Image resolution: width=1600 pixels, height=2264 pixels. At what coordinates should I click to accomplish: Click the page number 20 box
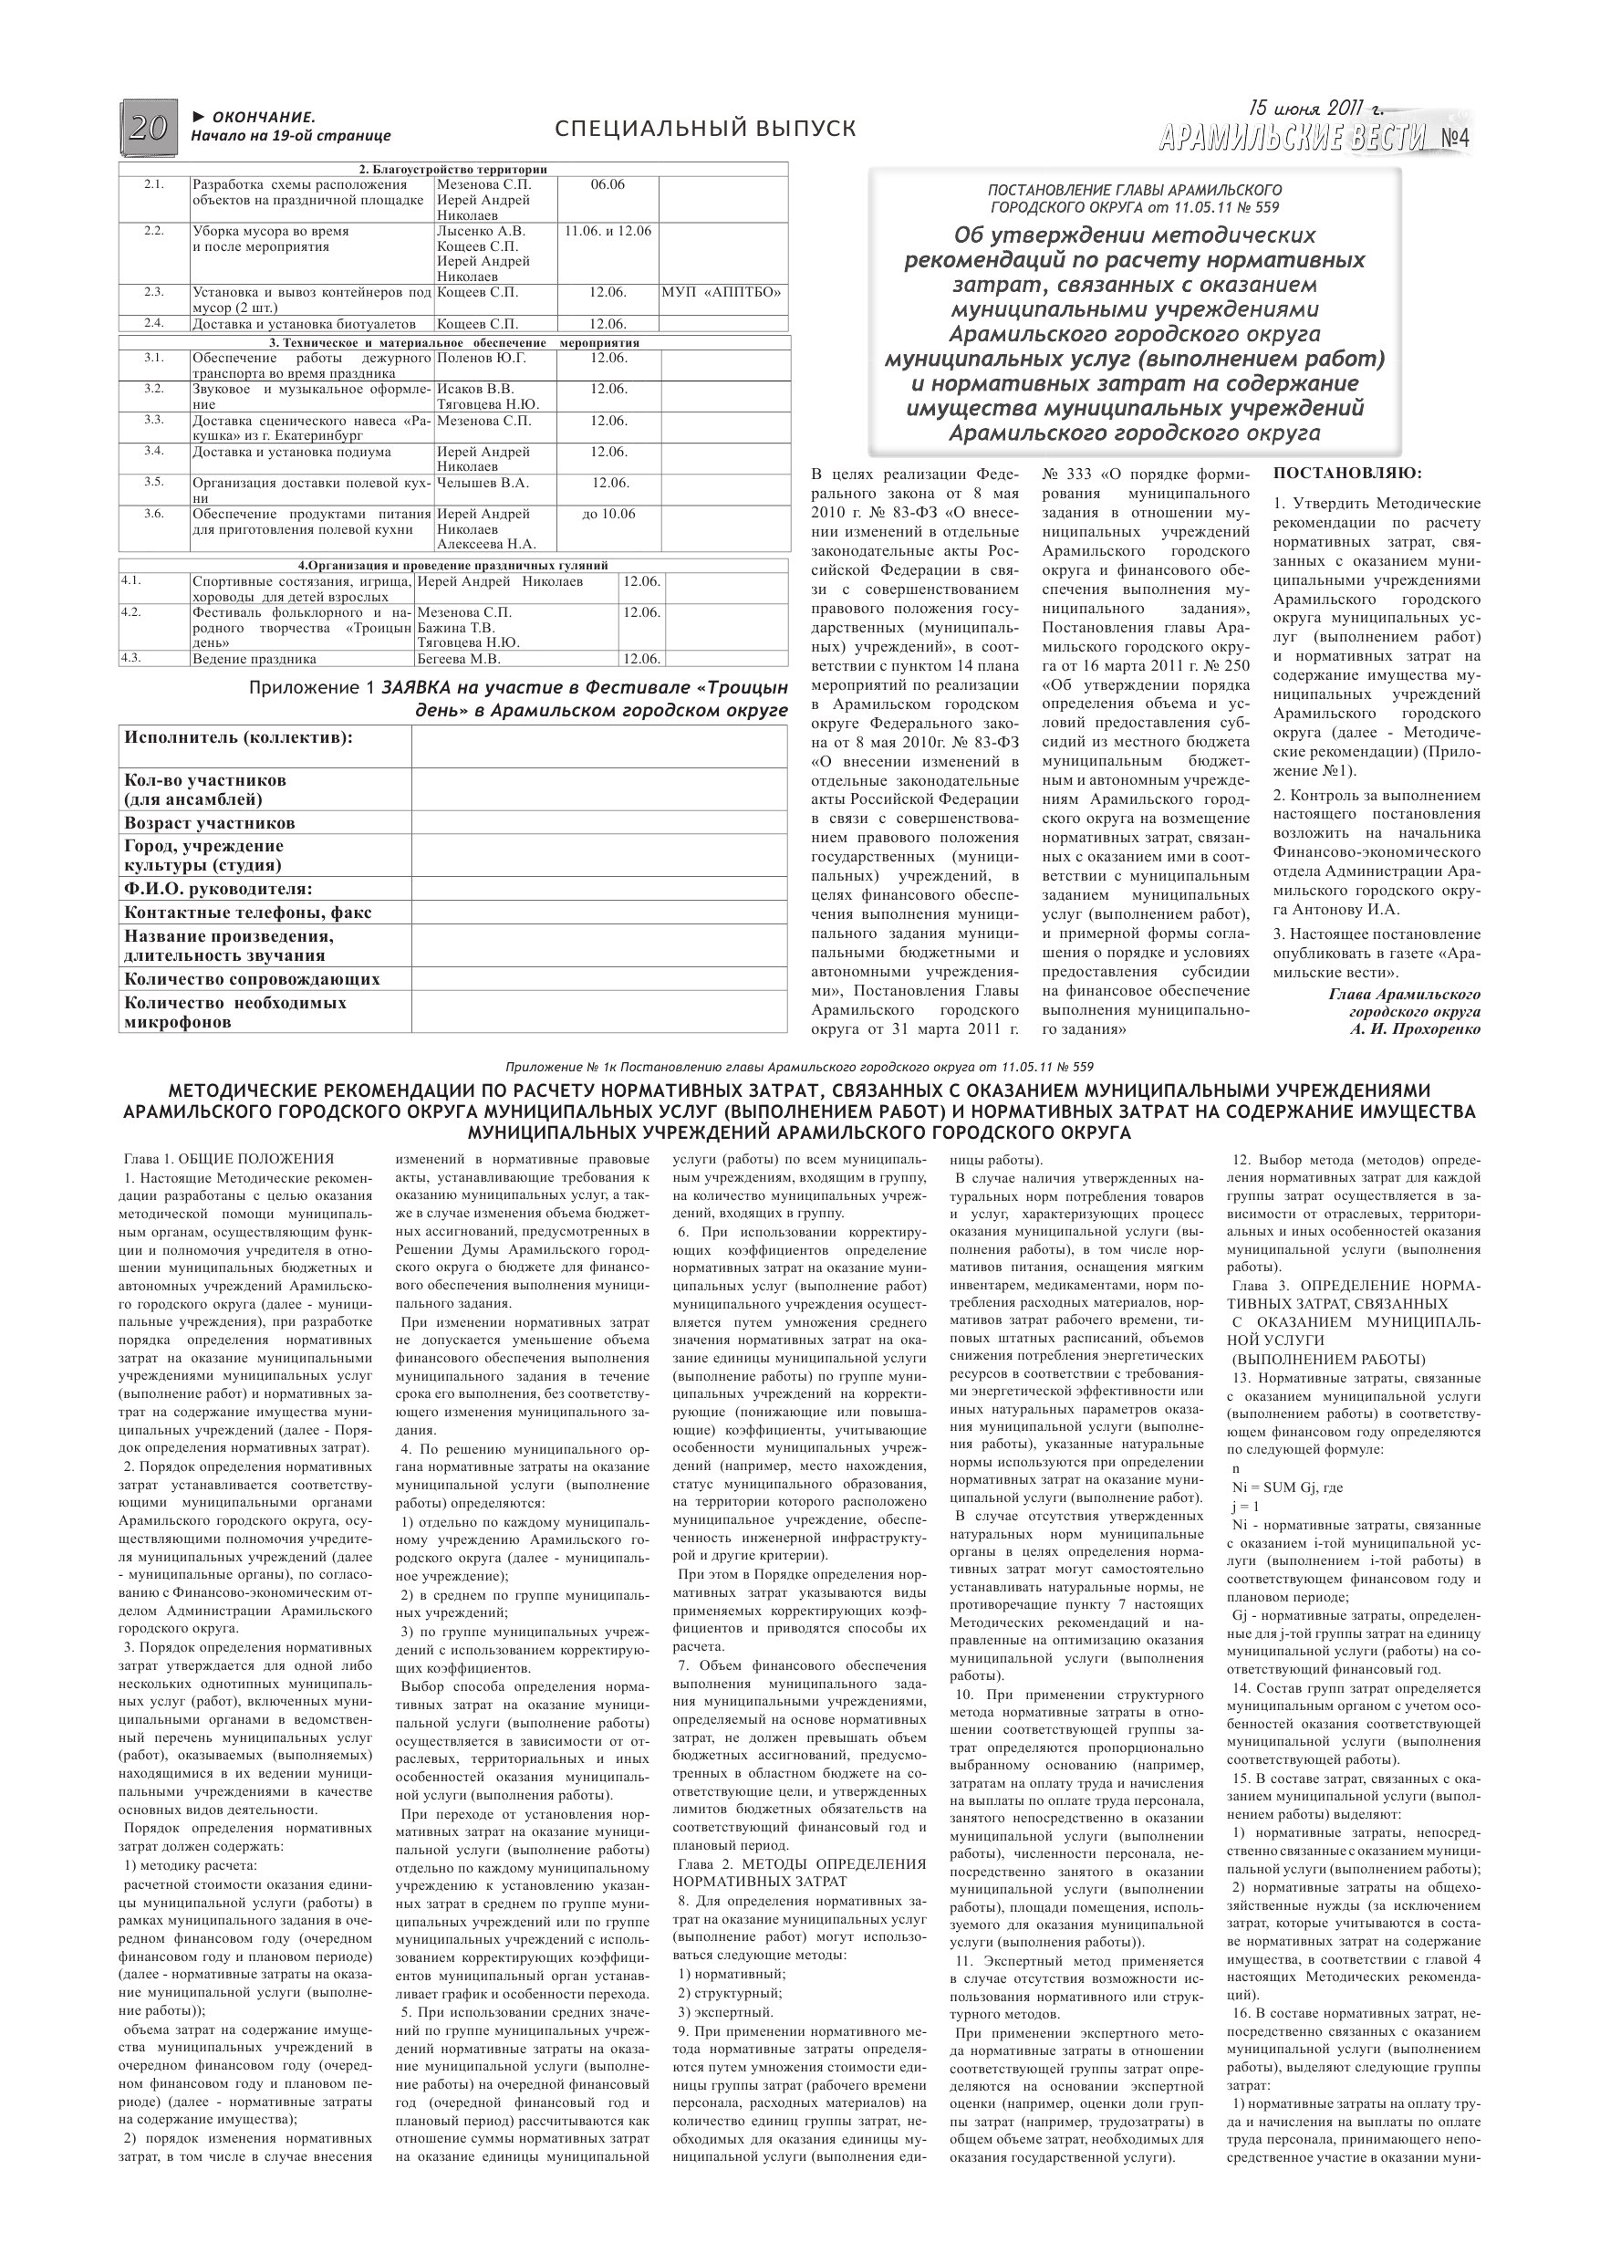(149, 126)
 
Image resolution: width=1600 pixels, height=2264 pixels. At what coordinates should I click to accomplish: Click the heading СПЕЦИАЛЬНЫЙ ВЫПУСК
(705, 128)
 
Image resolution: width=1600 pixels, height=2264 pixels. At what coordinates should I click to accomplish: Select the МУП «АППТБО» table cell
(723, 293)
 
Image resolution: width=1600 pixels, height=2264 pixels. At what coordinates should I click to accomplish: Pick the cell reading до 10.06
(608, 514)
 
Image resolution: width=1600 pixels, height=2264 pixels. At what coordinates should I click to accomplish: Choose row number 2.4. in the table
(154, 323)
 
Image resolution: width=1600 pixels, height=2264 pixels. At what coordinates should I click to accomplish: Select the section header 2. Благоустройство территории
(452, 170)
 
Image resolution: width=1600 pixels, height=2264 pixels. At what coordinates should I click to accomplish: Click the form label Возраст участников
(210, 823)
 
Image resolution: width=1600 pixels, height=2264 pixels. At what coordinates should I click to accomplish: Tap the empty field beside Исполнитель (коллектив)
(599, 746)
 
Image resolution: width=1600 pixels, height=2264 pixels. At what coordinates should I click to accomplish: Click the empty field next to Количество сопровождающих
(599, 979)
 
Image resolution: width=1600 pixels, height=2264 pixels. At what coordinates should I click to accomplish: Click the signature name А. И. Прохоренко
(1415, 1029)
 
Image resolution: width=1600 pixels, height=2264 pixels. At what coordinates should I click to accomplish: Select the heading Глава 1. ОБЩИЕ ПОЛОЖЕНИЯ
(229, 1160)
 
